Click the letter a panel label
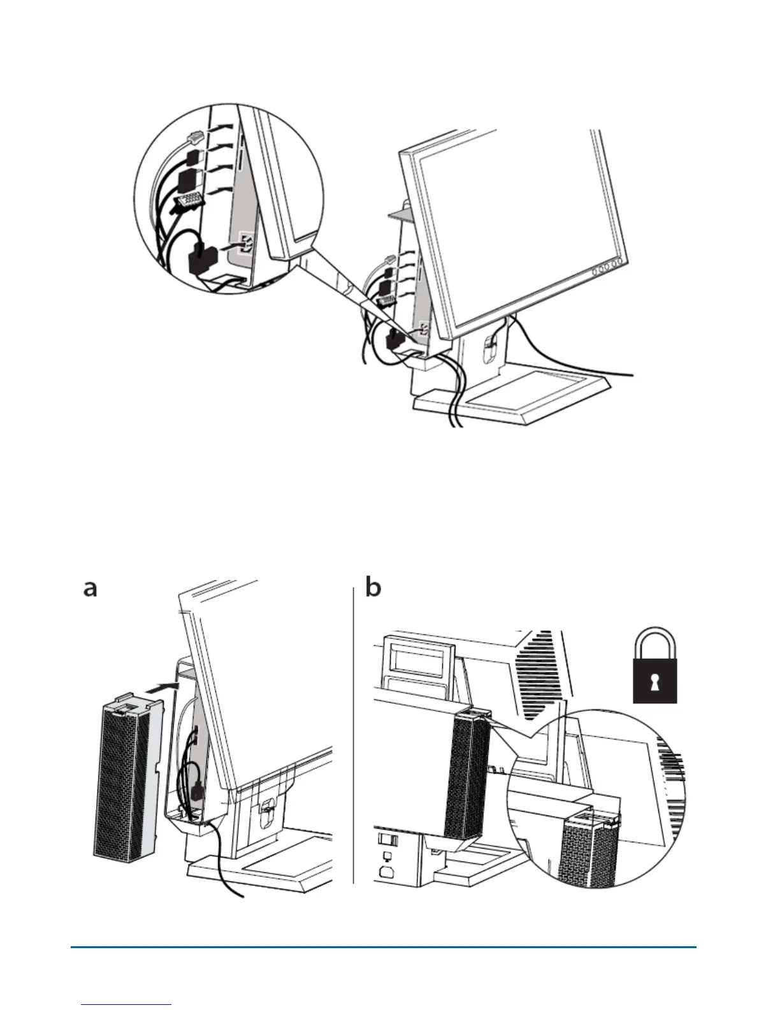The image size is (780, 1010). (90, 588)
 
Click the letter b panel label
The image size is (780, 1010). (373, 587)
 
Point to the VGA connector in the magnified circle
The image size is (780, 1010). (188, 203)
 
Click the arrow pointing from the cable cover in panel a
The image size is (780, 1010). (159, 688)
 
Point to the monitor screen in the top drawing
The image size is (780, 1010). (516, 223)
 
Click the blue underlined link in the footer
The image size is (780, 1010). (127, 1004)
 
